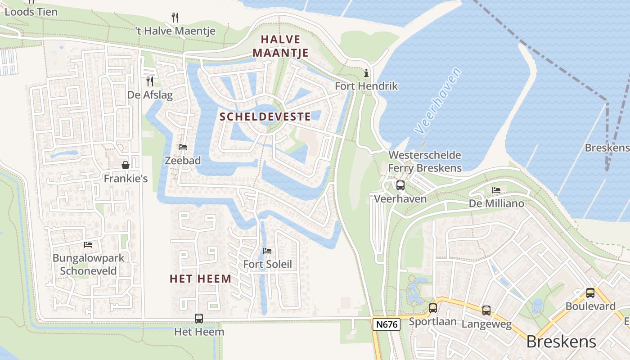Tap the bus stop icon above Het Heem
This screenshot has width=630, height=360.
click(x=199, y=319)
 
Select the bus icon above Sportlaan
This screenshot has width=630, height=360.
click(x=433, y=308)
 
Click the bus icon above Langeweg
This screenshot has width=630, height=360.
click(x=486, y=310)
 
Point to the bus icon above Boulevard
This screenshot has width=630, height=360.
click(x=590, y=293)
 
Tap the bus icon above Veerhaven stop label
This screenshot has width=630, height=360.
click(x=400, y=185)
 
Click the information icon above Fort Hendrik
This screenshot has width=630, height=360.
click(x=366, y=73)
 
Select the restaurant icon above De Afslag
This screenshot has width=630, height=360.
click(x=150, y=81)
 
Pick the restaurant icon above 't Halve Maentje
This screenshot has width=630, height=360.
click(x=175, y=18)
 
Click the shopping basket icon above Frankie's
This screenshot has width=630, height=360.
click(x=126, y=165)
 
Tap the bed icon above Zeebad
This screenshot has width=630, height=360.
click(x=183, y=147)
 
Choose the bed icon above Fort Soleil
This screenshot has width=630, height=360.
click(x=267, y=251)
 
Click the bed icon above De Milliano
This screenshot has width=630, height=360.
click(x=496, y=190)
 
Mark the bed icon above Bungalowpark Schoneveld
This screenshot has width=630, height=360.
click(x=88, y=245)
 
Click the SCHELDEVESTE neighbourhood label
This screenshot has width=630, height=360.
click(x=265, y=117)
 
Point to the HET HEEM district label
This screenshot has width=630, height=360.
click(x=201, y=279)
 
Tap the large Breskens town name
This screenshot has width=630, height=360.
click(x=561, y=342)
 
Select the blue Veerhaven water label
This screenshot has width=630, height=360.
click(x=438, y=101)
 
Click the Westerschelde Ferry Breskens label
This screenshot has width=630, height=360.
click(x=425, y=162)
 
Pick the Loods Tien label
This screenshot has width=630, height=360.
click(x=31, y=12)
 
